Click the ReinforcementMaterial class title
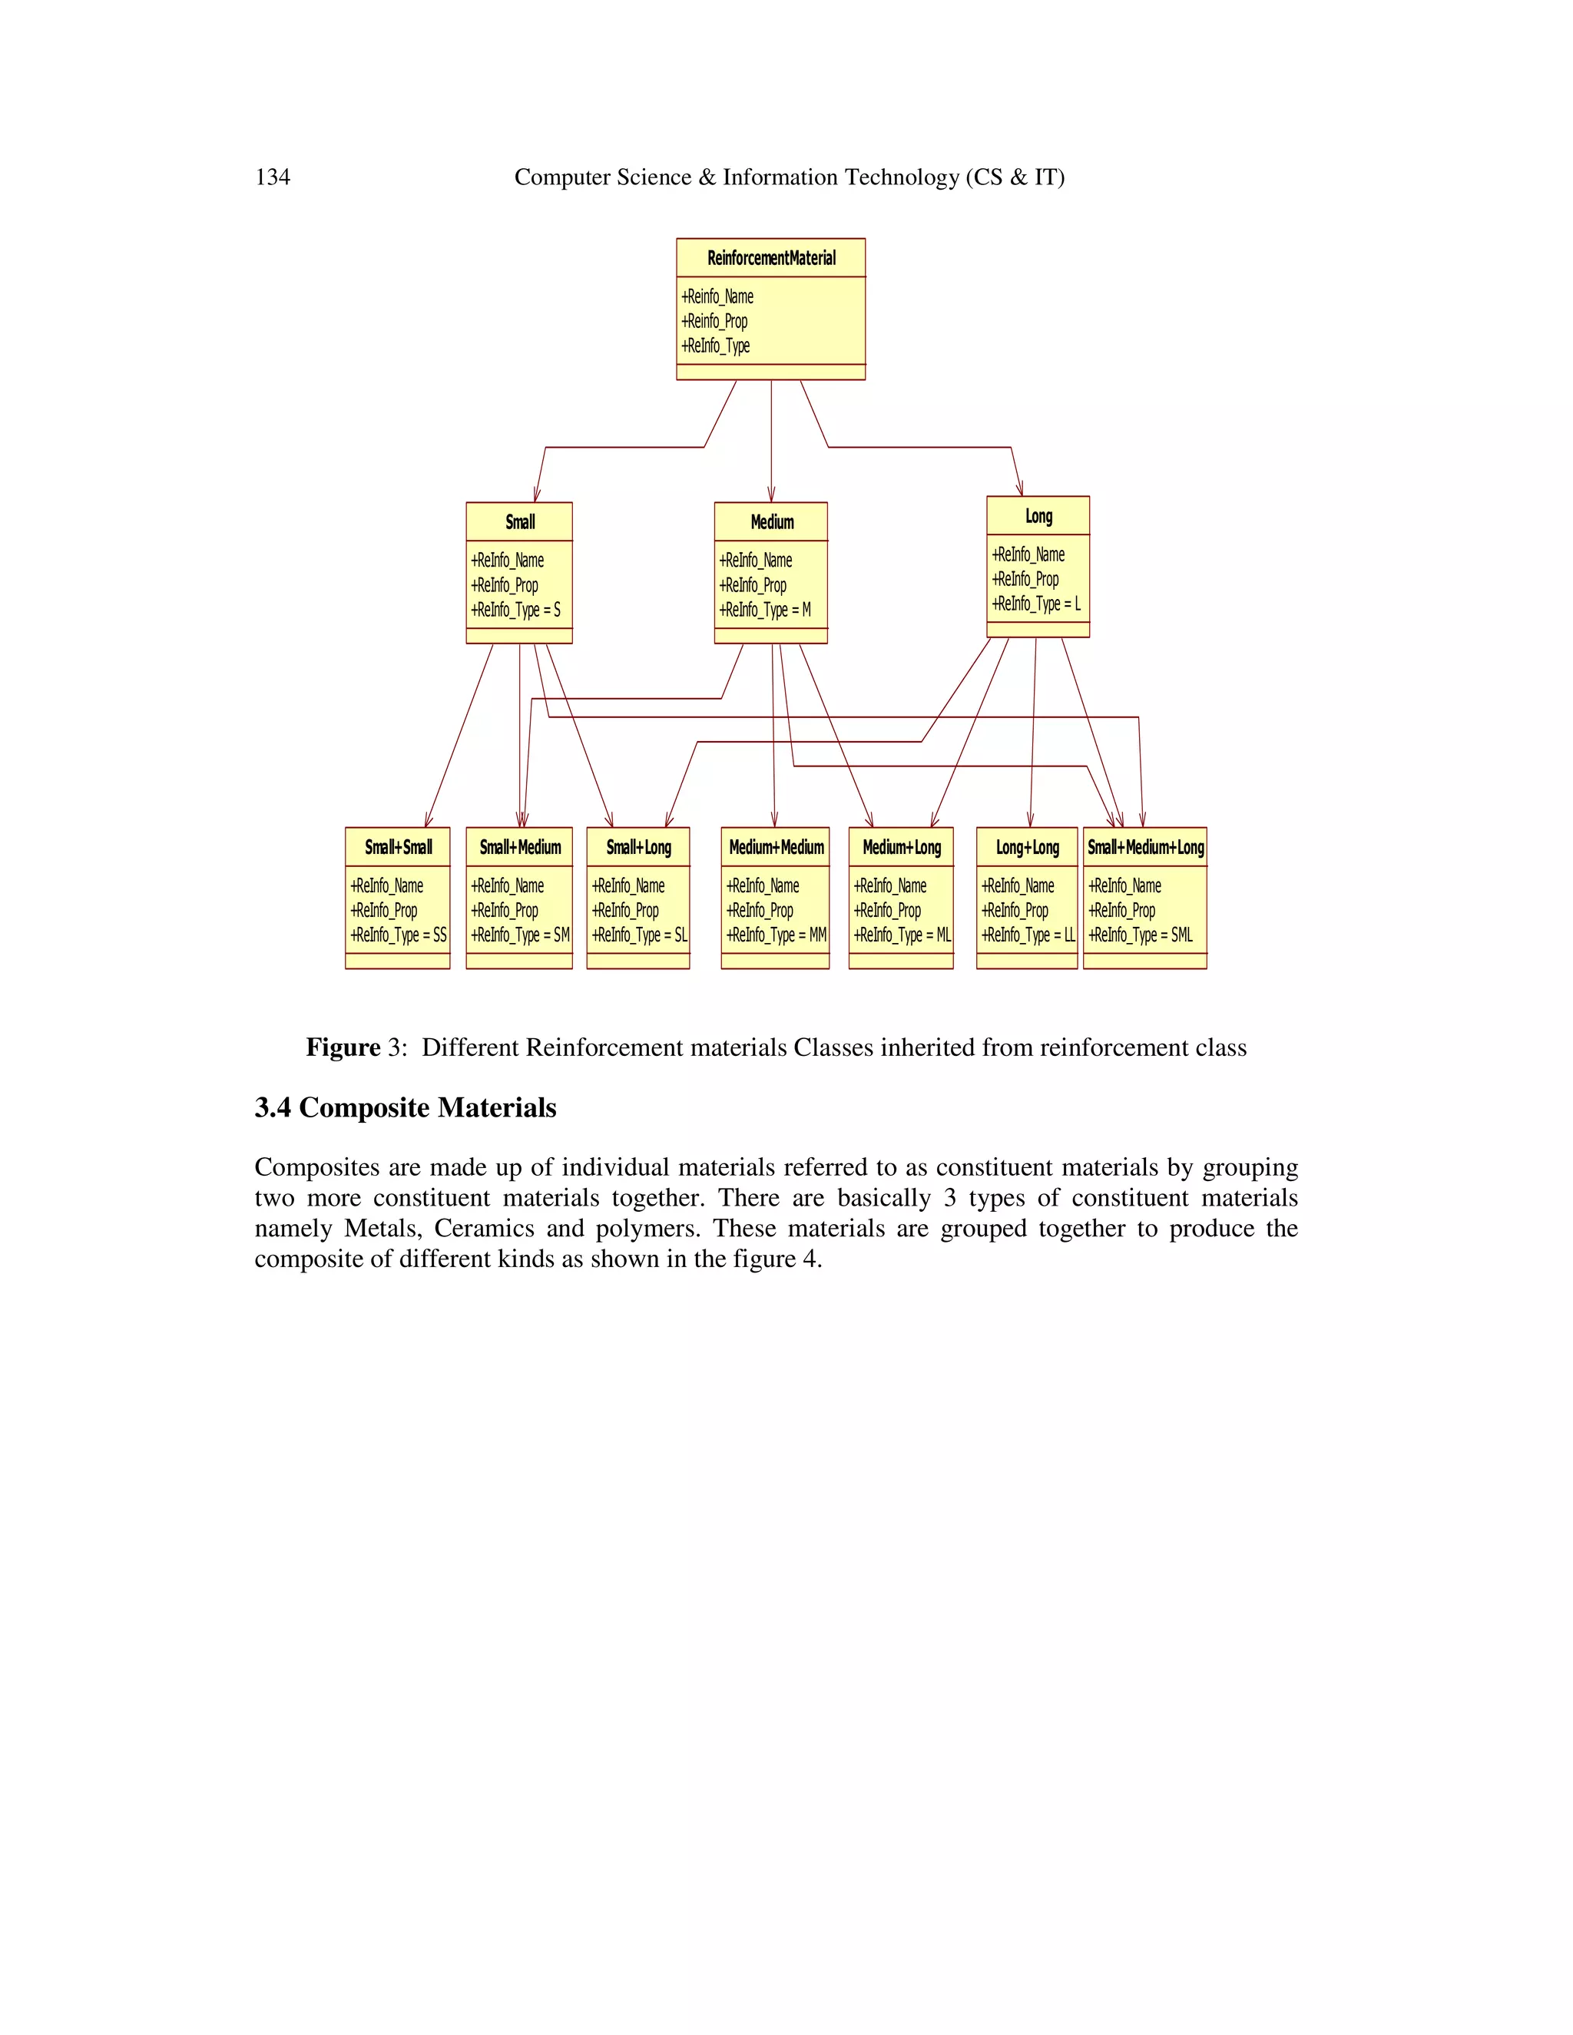tap(770, 258)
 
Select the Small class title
tap(520, 521)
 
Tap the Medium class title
tap(772, 521)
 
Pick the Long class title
tap(1038, 516)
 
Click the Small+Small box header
tap(398, 847)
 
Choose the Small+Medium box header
tap(520, 847)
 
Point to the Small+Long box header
tap(638, 847)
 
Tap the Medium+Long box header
tap(901, 847)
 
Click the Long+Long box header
tap(1027, 847)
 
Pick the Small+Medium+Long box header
tap(1145, 847)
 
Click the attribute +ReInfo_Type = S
tap(515, 610)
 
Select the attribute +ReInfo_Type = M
tap(764, 610)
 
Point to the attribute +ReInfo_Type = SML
tap(1141, 935)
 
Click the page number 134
tap(272, 177)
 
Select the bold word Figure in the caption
tap(343, 1047)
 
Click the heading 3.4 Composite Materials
tap(406, 1108)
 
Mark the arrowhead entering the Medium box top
tap(772, 496)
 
